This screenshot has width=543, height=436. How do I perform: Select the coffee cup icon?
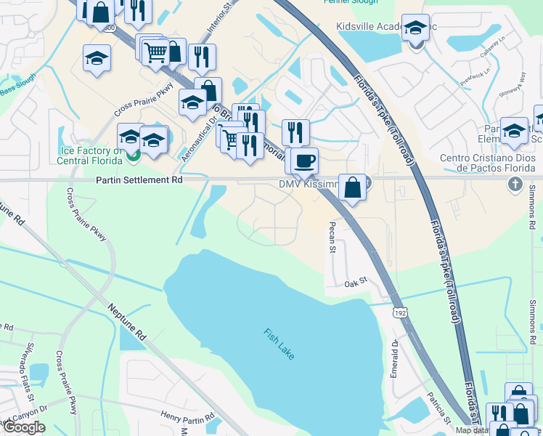pyautogui.click(x=305, y=160)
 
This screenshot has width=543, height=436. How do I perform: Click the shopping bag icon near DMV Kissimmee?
pyautogui.click(x=352, y=187)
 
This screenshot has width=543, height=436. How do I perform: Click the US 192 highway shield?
pyautogui.click(x=400, y=312)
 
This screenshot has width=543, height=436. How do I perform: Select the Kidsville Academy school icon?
pyautogui.click(x=415, y=28)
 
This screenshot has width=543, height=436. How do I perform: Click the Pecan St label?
pyautogui.click(x=332, y=238)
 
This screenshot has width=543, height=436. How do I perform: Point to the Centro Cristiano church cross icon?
pyautogui.click(x=515, y=182)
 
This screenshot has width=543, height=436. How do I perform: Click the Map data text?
pyautogui.click(x=472, y=430)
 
